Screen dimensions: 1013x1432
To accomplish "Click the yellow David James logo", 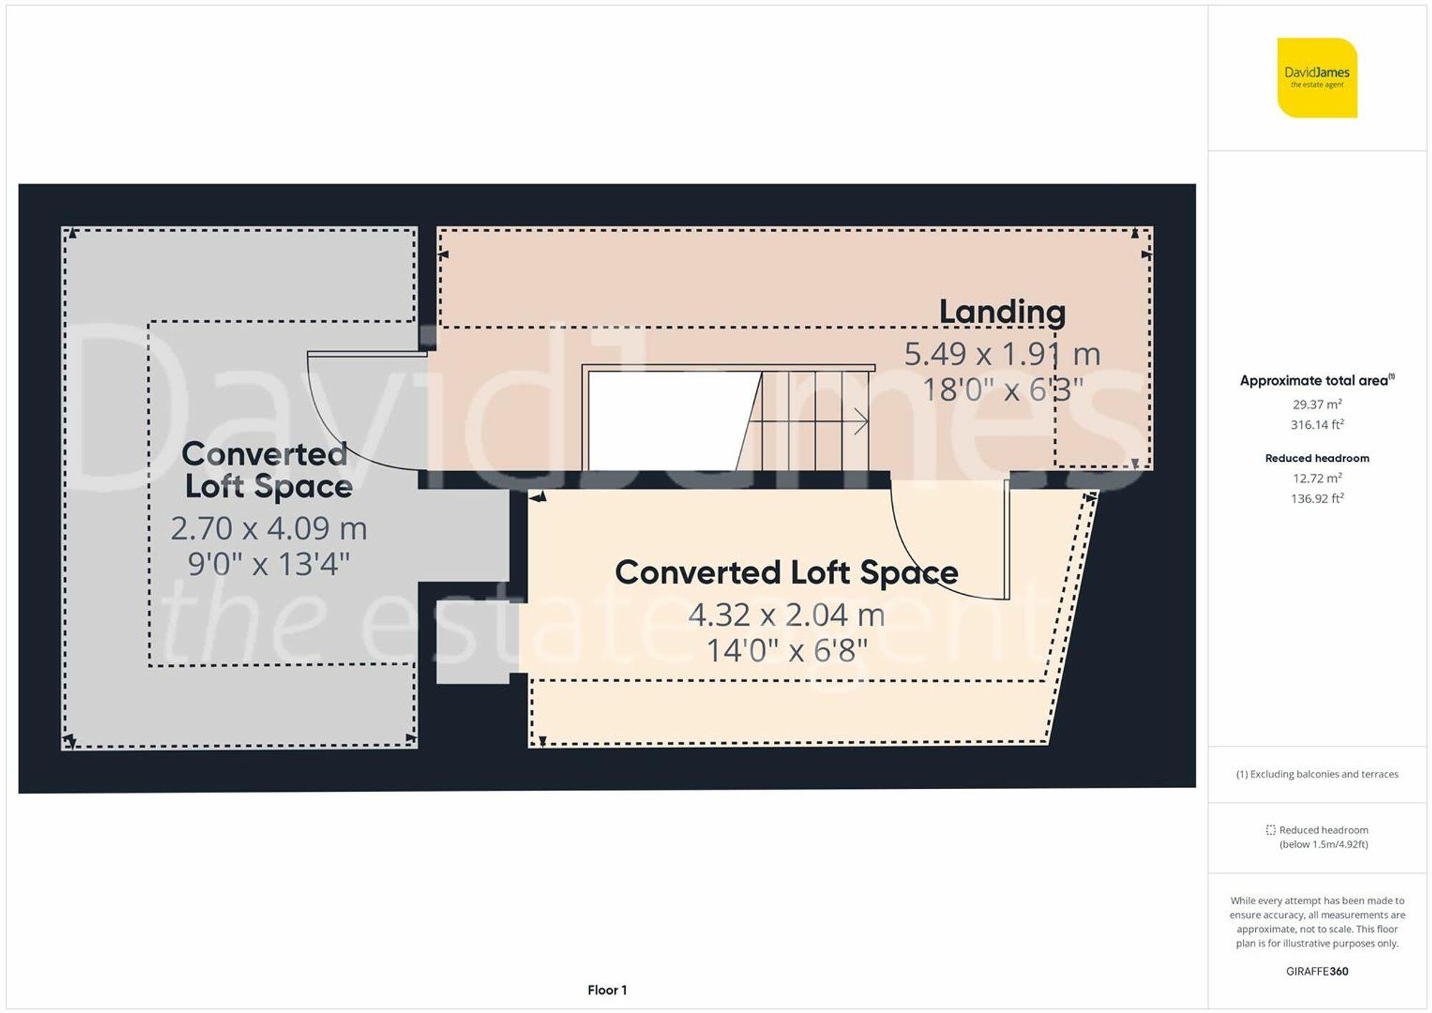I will [1317, 77].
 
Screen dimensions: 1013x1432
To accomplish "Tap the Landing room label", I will [1002, 312].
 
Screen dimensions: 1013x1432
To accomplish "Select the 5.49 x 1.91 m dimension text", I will [1002, 354].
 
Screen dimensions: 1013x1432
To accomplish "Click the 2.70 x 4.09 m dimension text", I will [268, 529].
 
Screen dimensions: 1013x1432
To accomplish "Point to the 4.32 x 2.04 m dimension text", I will [786, 615].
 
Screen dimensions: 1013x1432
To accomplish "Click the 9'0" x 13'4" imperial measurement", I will [268, 565].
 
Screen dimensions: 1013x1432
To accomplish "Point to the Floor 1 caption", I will [606, 990].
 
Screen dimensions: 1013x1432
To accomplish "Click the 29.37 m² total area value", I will [1317, 404].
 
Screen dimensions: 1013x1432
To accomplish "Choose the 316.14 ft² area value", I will [1317, 425].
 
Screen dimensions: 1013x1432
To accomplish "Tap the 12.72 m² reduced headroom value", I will [1317, 478].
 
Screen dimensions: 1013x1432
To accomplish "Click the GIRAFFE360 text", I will [1317, 971].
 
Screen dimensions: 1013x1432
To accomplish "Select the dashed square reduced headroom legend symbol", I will [1270, 830].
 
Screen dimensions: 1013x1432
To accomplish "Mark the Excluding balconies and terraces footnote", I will [1317, 774].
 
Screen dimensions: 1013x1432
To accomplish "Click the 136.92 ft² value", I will [1317, 498].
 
